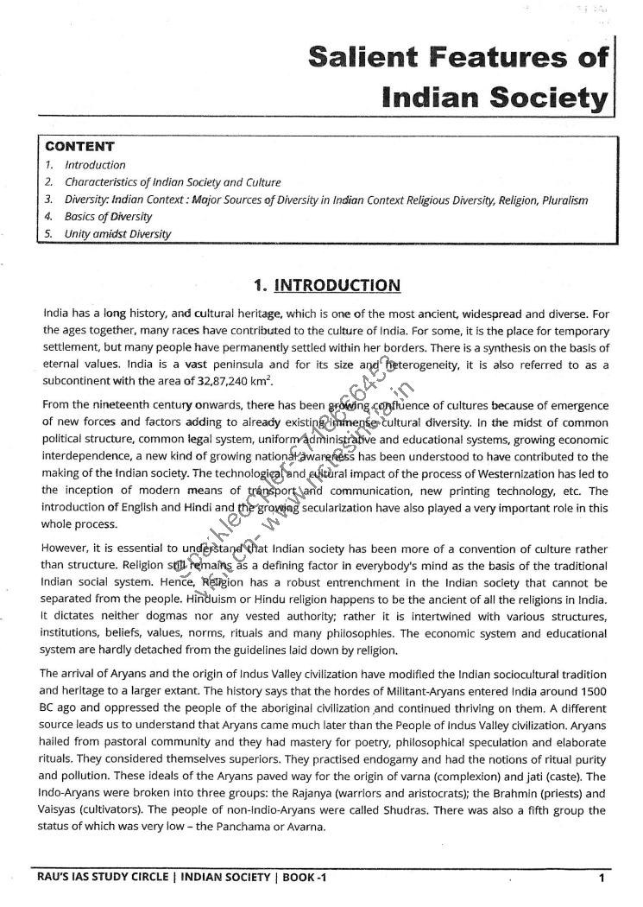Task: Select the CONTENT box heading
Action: [79, 147]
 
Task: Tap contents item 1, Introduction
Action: [95, 165]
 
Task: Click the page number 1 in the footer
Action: [600, 878]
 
